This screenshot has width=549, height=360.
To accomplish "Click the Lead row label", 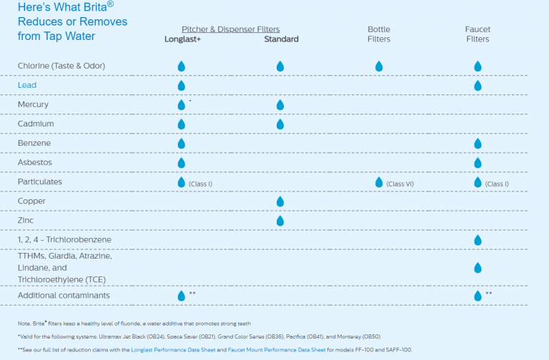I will [27, 85].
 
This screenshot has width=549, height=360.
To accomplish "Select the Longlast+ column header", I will [182, 39].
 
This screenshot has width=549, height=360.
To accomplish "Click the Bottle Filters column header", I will [379, 34].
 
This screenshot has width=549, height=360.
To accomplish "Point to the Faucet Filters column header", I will [478, 34].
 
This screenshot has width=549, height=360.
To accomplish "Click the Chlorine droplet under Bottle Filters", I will [379, 66].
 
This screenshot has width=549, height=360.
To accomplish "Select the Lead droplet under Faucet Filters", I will [478, 86].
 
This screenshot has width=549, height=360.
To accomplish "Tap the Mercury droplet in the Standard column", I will [280, 105].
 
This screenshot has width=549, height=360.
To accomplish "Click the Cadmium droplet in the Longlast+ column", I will [182, 124].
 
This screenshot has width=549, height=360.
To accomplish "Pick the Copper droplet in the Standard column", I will [280, 201].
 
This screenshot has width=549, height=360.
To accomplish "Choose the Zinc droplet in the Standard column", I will [280, 221].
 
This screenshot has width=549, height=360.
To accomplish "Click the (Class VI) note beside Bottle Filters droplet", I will [399, 184].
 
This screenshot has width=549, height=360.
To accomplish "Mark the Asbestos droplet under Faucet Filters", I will [478, 163].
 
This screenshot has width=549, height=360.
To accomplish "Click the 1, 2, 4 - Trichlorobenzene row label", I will [64, 239].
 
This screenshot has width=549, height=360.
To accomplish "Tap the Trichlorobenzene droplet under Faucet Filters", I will [478, 240].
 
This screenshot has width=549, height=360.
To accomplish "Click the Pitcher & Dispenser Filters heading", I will [230, 29].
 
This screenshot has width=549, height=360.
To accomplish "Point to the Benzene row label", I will [34, 143].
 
